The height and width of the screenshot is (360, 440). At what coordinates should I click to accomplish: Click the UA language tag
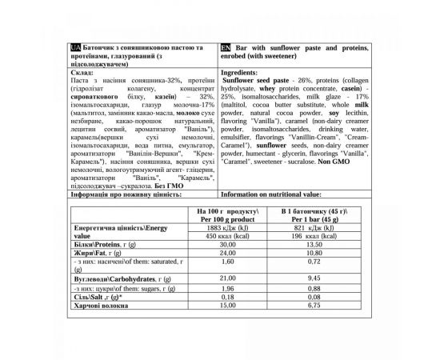[75, 47]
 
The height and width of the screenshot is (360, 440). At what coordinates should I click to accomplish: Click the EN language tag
[223, 47]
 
